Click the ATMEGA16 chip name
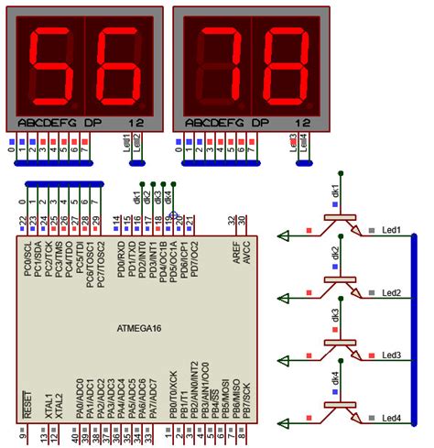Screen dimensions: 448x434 tap(136, 327)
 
